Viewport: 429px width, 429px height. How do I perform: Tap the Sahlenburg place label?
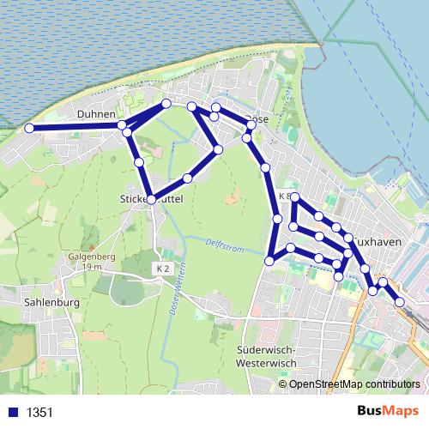click(x=52, y=303)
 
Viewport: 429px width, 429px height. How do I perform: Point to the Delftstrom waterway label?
click(x=224, y=245)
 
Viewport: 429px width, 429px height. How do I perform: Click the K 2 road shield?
click(x=163, y=269)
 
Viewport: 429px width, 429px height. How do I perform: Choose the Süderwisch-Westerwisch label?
click(x=265, y=357)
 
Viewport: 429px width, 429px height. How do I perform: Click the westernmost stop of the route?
click(x=29, y=128)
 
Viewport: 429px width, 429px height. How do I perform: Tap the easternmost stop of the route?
click(x=400, y=301)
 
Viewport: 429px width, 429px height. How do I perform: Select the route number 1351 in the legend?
click(x=39, y=412)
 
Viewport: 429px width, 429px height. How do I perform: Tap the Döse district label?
click(x=257, y=119)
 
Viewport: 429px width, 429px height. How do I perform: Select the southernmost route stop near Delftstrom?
click(x=269, y=260)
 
